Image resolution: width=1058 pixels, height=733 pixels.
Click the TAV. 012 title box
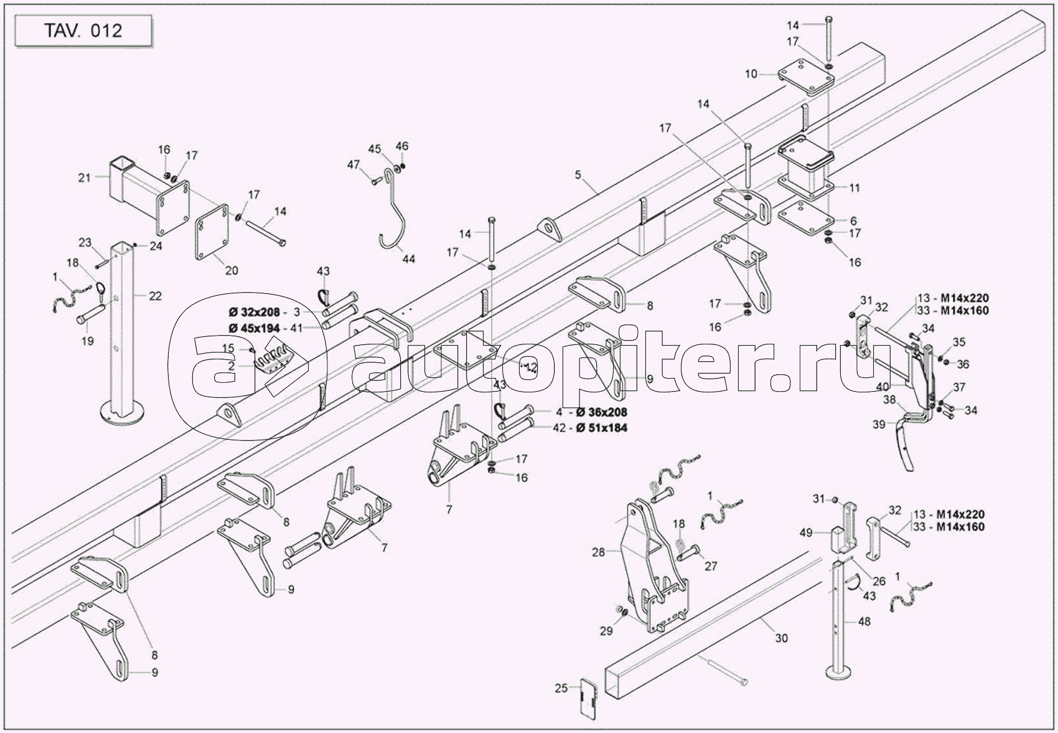pyautogui.click(x=83, y=31)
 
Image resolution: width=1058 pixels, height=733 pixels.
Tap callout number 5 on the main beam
pyautogui.click(x=578, y=174)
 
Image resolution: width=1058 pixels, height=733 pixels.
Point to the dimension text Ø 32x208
pyautogui.click(x=255, y=311)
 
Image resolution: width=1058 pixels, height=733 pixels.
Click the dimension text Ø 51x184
pyautogui.click(x=601, y=427)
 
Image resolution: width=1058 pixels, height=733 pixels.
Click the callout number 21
pyautogui.click(x=85, y=177)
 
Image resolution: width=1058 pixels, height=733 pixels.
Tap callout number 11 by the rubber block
pyautogui.click(x=854, y=187)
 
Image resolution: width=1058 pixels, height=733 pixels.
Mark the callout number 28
pyautogui.click(x=598, y=552)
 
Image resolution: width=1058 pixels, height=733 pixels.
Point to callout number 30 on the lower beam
pyautogui.click(x=782, y=638)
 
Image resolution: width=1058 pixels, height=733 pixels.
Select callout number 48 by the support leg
pyautogui.click(x=864, y=621)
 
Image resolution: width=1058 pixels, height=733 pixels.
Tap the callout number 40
pyautogui.click(x=882, y=386)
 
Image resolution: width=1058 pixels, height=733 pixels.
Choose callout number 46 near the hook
pyautogui.click(x=402, y=146)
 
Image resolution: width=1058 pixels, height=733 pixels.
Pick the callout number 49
pyautogui.click(x=806, y=532)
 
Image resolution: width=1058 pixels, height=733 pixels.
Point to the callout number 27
pyautogui.click(x=711, y=566)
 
